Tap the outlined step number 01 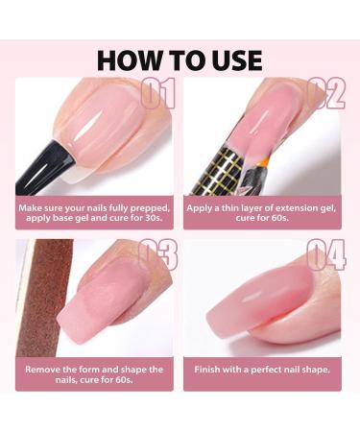(x=158, y=93)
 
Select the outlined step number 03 (x=158, y=255)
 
